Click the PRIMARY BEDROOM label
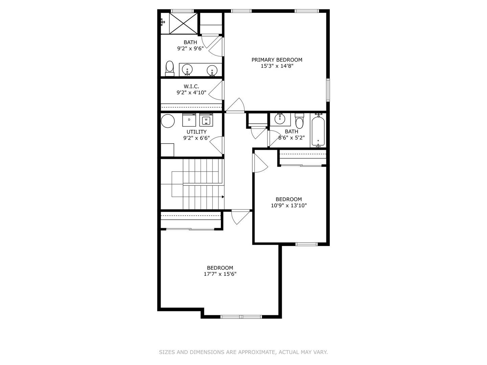pyautogui.click(x=277, y=59)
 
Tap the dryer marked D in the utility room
pyautogui.click(x=189, y=120)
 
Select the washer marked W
pyautogui.click(x=206, y=120)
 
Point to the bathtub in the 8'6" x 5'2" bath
pyautogui.click(x=318, y=131)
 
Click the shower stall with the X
pyautogui.click(x=183, y=24)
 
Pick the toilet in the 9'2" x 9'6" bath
pyautogui.click(x=169, y=69)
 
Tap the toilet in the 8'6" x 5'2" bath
pyautogui.click(x=299, y=121)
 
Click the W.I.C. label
pyautogui.click(x=191, y=86)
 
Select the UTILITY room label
pyautogui.click(x=196, y=132)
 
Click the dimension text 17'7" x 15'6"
pyautogui.click(x=220, y=274)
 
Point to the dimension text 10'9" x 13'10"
pyautogui.click(x=289, y=205)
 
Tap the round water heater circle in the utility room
pyautogui.click(x=168, y=121)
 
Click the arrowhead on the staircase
pyautogui.click(x=223, y=197)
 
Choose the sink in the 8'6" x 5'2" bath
pyautogui.click(x=280, y=119)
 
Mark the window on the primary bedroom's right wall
pyautogui.click(x=328, y=90)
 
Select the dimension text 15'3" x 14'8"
pyautogui.click(x=277, y=66)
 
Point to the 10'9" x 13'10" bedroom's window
pyautogui.click(x=306, y=244)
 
